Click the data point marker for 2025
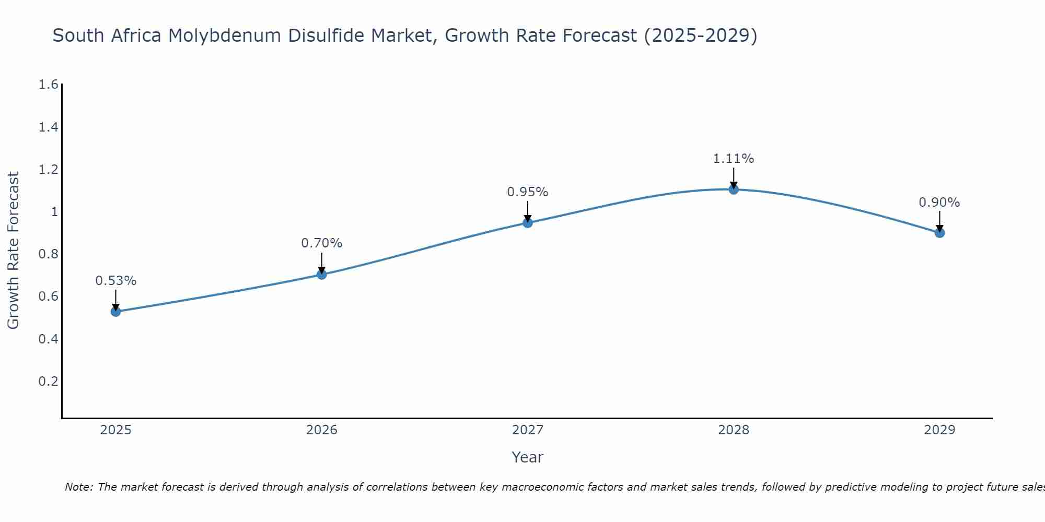coord(116,312)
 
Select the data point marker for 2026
coord(322,274)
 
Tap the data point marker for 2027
coord(528,223)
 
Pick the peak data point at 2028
coord(734,189)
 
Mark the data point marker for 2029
coord(939,233)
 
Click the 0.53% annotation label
coord(116,281)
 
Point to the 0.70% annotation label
coord(322,243)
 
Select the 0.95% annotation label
coord(528,192)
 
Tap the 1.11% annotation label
coord(734,159)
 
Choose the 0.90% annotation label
coord(939,203)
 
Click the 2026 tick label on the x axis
coord(322,430)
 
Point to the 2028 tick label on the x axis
coord(734,430)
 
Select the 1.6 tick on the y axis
coord(48,85)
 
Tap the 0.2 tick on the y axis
coord(48,381)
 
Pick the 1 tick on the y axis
coord(54,212)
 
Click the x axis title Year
coord(528,457)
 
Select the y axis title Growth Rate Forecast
coord(13,251)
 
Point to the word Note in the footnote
coord(78,487)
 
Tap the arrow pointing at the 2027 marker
coord(528,212)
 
